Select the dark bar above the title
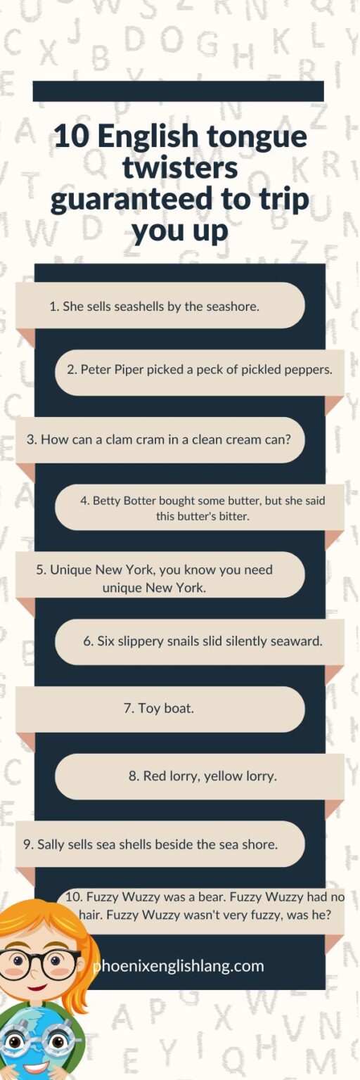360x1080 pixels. [x=178, y=91]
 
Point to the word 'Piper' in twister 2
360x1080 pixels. [x=128, y=369]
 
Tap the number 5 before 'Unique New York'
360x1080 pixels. [x=40, y=570]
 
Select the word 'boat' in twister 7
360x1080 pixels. [x=179, y=709]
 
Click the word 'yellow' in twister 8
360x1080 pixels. [x=224, y=776]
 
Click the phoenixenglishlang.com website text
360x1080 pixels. [x=179, y=966]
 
